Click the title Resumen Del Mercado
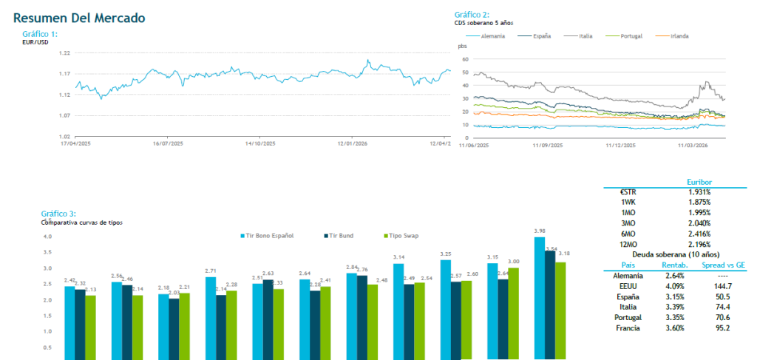[x=79, y=17]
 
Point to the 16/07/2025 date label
[x=167, y=143]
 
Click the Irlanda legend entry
[x=679, y=35]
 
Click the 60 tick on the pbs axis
[x=465, y=59]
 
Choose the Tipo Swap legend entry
[x=400, y=236]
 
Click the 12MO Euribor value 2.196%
[x=699, y=243]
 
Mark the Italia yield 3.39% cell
[x=669, y=306]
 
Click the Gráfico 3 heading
[x=58, y=214]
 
